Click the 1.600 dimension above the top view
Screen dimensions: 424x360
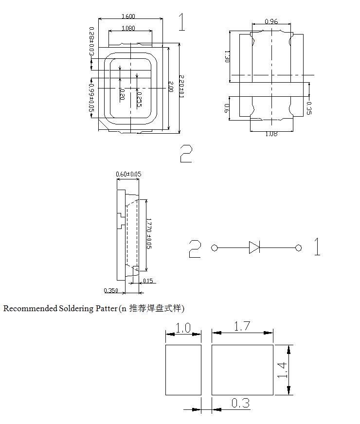pos(128,16)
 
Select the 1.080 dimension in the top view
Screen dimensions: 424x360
pos(128,28)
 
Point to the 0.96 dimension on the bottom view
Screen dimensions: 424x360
pos(271,21)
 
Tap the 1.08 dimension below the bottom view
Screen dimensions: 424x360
pos(271,134)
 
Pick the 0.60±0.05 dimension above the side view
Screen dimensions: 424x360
pos(128,174)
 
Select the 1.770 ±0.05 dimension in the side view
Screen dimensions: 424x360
pos(149,234)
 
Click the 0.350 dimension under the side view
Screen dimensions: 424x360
pos(111,291)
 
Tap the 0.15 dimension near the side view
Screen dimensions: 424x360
pos(148,281)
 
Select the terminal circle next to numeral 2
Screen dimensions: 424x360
pos(215,248)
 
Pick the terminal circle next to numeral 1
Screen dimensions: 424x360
pos(298,248)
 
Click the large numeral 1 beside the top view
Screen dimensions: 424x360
pos(182,22)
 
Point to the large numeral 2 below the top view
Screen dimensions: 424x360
pos(186,153)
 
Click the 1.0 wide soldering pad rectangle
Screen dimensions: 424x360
pos(183,370)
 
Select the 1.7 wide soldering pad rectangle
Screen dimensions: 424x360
pos(242,370)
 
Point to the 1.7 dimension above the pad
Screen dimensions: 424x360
pos(242,326)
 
